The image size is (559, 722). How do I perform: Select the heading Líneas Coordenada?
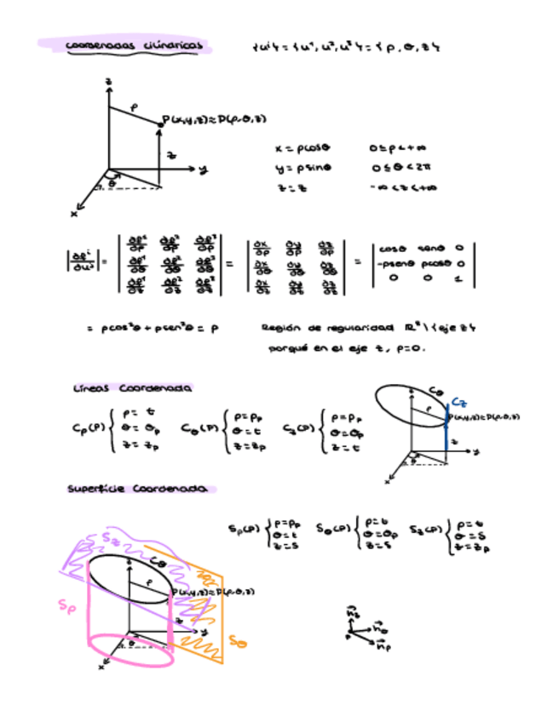132,388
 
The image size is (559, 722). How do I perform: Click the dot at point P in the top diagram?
160,124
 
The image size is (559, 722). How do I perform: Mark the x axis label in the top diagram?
74,214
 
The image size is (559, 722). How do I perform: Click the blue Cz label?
458,401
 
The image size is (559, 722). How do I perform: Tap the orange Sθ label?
238,641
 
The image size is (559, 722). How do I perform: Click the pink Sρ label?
66,605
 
